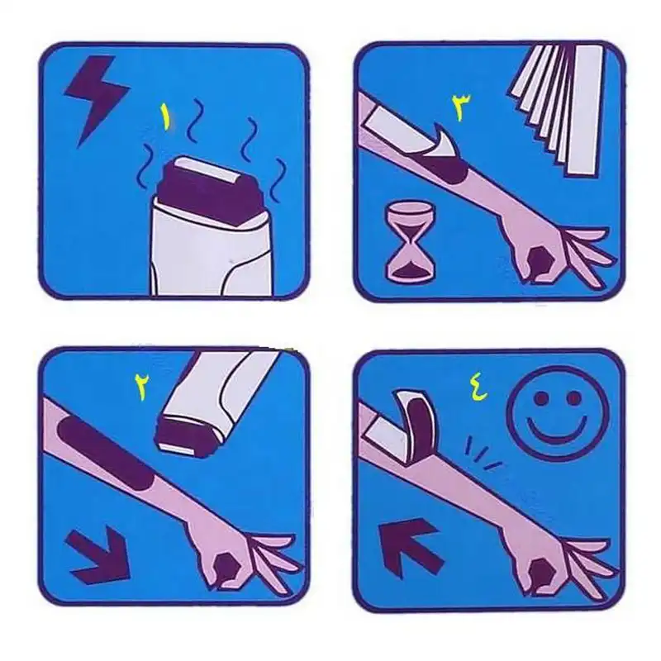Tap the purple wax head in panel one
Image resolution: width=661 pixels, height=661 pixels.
(211, 194)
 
